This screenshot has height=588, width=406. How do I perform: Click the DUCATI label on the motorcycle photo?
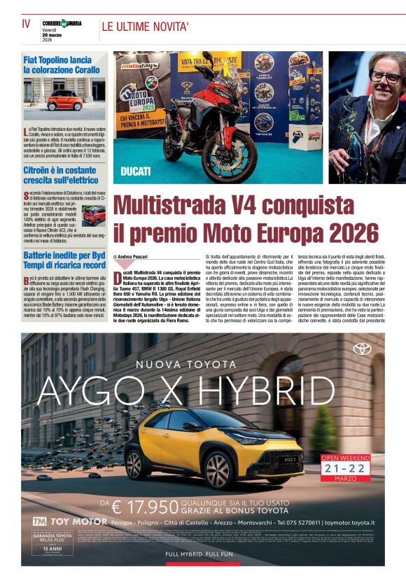pyautogui.click(x=136, y=170)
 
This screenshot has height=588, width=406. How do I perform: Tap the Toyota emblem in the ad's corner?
pyautogui.click(x=362, y=349)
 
